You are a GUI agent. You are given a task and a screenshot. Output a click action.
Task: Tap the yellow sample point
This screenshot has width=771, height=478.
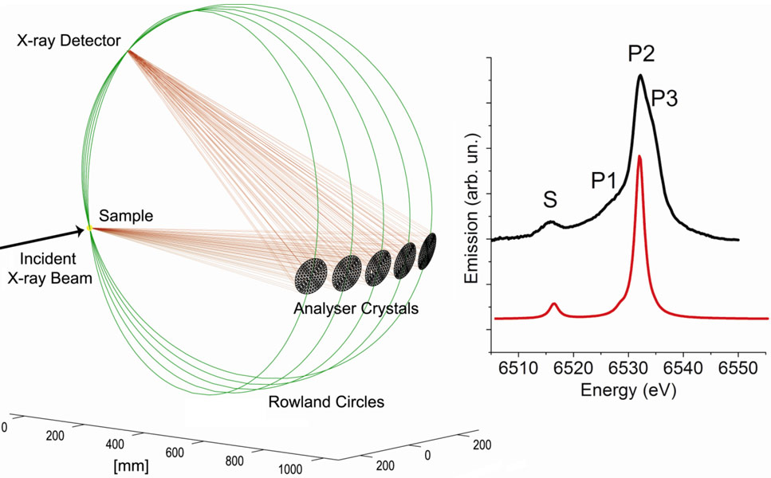pos(89,229)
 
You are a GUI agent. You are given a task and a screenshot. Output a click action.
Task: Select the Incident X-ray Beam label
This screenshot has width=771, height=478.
pos(48,268)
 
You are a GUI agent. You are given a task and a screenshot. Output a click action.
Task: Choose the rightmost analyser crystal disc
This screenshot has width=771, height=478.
pos(429,248)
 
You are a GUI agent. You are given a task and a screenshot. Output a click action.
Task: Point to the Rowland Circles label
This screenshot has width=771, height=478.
pos(326,402)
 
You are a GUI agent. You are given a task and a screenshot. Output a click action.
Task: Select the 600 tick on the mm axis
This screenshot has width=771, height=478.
pos(174,453)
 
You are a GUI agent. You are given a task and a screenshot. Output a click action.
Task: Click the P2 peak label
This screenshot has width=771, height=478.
pos(641,53)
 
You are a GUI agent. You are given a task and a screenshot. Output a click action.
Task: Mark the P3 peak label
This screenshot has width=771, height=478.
pos(666,98)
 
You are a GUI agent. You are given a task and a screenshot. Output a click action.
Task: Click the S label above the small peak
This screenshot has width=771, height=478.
pos(550,201)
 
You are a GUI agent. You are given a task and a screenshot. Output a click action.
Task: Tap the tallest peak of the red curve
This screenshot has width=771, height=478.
pos(639,157)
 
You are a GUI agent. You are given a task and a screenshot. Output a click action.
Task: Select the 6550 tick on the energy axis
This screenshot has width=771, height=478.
pos(738,369)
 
